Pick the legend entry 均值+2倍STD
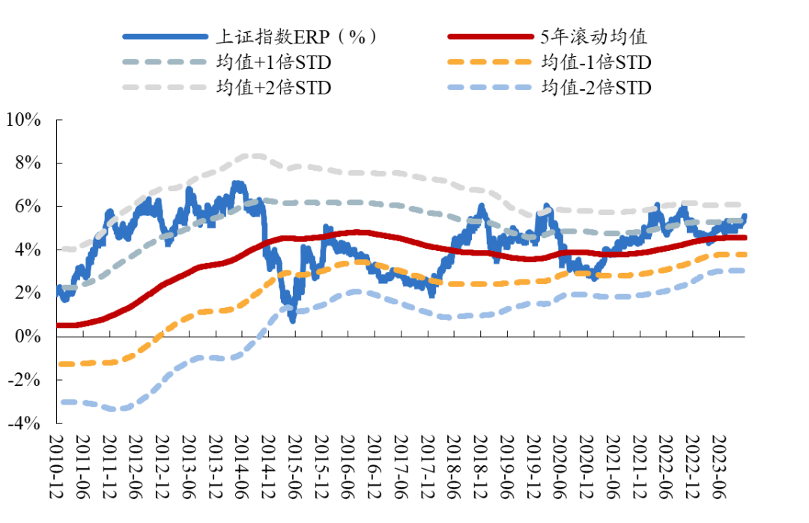tap(273, 88)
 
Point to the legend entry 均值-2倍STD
tap(596, 88)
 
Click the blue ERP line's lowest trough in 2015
tap(292, 320)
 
